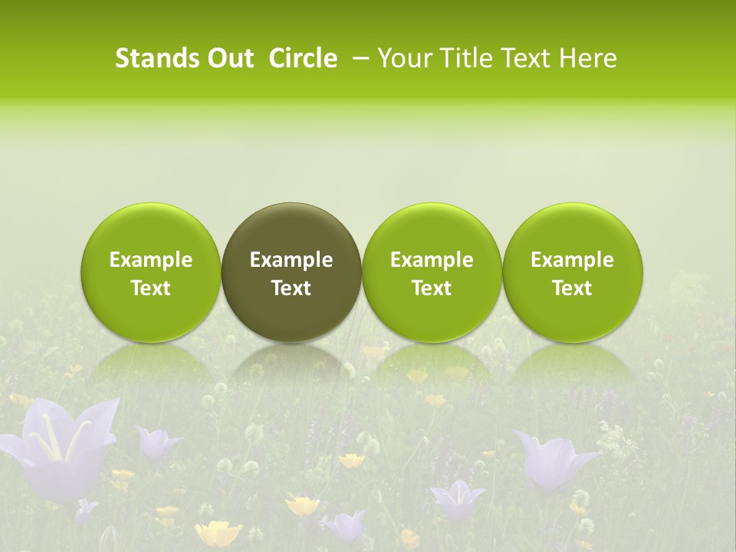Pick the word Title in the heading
tap(467, 58)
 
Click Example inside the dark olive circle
tap(291, 260)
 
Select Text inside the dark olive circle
tap(291, 288)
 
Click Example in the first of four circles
tap(151, 260)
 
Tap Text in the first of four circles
tap(151, 288)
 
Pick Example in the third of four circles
tap(432, 260)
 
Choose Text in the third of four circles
tap(432, 288)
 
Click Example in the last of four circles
tap(572, 260)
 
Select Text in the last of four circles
tap(572, 288)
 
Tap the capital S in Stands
tap(121, 58)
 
